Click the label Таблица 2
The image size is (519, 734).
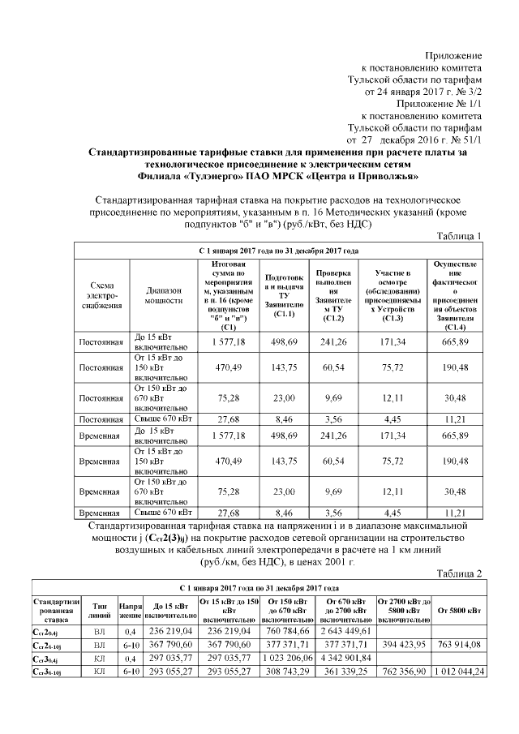pyautogui.click(x=458, y=573)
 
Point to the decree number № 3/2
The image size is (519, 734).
pyautogui.click(x=466, y=92)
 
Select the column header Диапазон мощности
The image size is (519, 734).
pyautogui.click(x=164, y=294)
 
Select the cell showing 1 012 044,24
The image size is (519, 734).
pyautogui.click(x=460, y=672)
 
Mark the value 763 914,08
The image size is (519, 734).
pyautogui.click(x=460, y=645)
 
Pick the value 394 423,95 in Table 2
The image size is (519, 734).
pyautogui.click(x=403, y=645)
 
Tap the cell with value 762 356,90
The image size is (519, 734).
pyautogui.click(x=403, y=672)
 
